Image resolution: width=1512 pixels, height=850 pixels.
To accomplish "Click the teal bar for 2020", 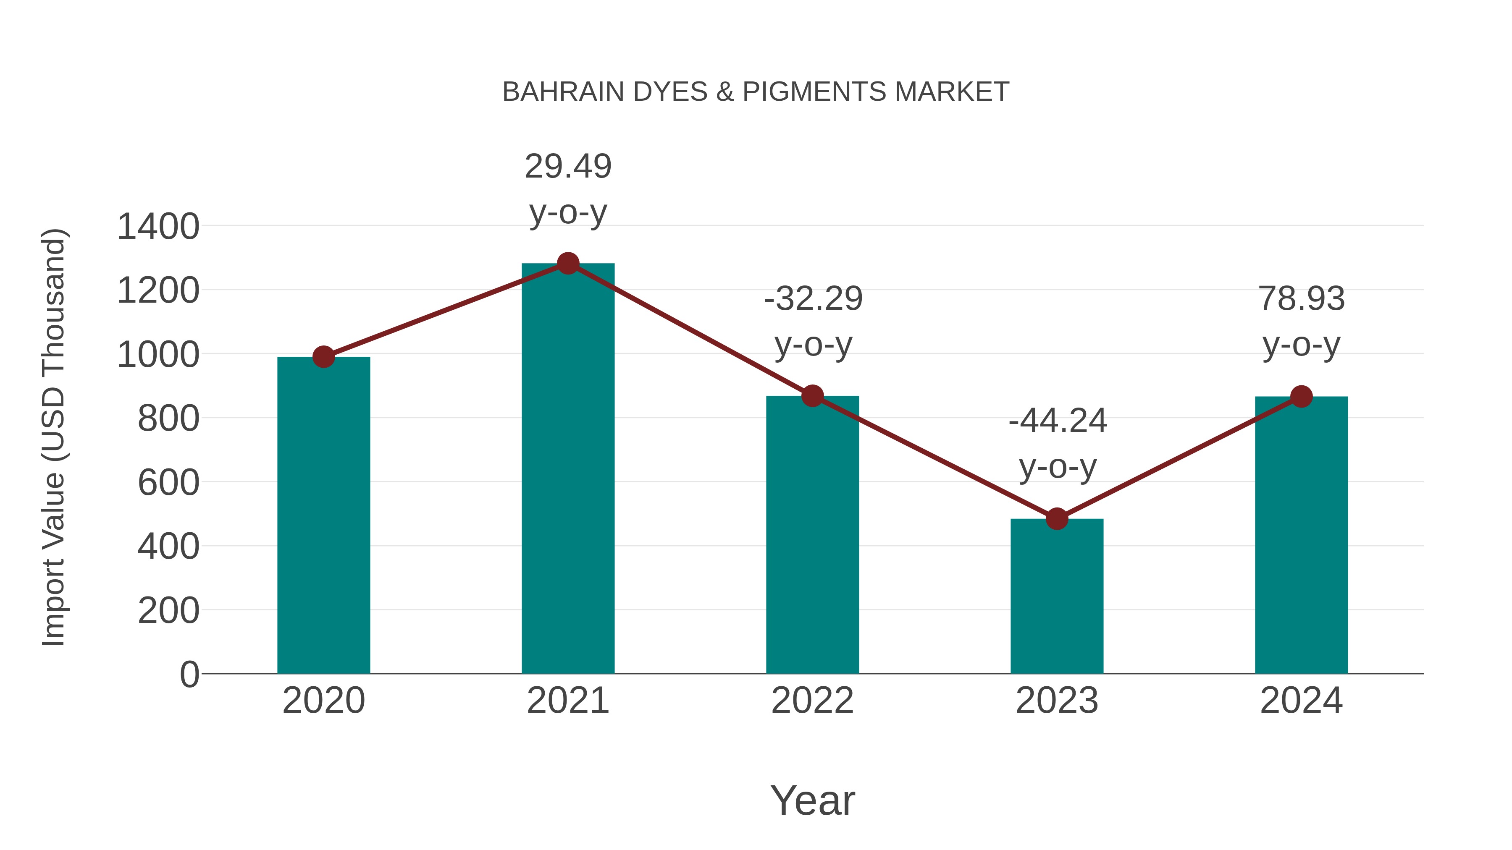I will click(x=323, y=516).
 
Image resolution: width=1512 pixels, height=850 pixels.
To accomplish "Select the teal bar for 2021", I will click(x=567, y=469).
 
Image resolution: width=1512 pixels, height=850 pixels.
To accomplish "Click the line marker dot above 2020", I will click(x=323, y=357).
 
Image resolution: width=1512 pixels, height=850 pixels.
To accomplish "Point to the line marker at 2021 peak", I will click(x=567, y=263).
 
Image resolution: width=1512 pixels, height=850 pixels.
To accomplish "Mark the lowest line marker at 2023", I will click(x=1057, y=518).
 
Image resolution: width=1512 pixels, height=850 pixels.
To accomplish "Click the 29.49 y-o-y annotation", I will click(x=567, y=189).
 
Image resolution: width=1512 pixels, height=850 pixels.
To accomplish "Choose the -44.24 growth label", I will click(x=1057, y=444).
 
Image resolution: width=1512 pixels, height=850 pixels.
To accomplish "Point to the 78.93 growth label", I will click(x=1301, y=322).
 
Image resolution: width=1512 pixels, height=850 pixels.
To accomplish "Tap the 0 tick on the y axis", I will click(x=189, y=675).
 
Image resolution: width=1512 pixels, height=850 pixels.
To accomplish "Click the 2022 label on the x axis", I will click(x=812, y=701).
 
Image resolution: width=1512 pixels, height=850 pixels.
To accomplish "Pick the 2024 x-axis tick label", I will click(x=1301, y=701).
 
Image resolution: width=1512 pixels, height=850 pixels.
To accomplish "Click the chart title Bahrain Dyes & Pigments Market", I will click(x=756, y=92).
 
